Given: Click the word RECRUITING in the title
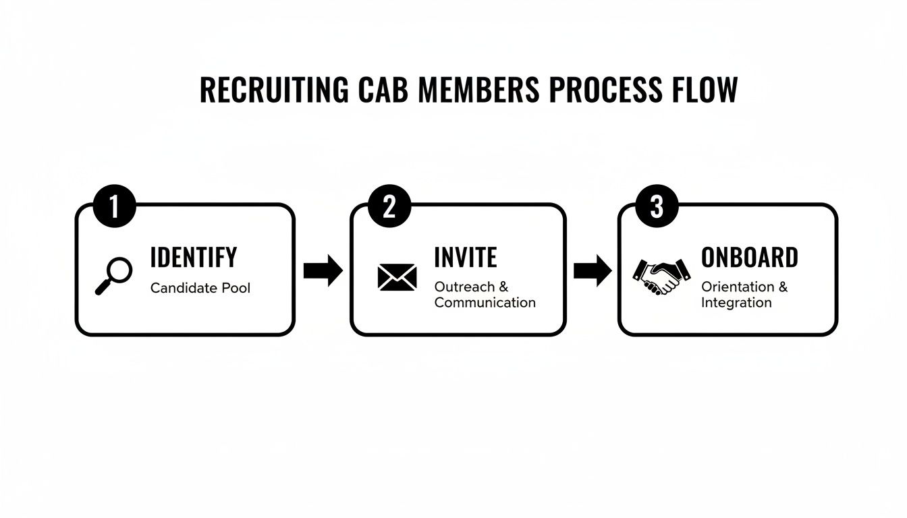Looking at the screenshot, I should click(x=274, y=90).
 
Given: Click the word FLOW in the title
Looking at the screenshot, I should click(x=704, y=90).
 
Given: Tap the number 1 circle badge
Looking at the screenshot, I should click(x=114, y=206).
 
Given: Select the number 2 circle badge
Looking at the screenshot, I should click(x=389, y=206).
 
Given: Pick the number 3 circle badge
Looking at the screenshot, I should click(x=657, y=206).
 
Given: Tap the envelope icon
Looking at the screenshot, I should click(x=397, y=277).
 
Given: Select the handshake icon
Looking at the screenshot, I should click(x=661, y=277).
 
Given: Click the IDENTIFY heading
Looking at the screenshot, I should click(x=194, y=258).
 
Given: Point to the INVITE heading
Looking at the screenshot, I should click(x=466, y=258).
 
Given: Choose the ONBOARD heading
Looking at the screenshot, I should click(x=750, y=258).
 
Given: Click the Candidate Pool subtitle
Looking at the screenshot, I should click(x=200, y=288).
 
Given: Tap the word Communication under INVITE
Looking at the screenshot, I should click(x=485, y=303).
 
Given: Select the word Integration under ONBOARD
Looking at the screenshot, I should click(x=736, y=303).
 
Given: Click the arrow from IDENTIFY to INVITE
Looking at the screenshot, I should click(x=323, y=270).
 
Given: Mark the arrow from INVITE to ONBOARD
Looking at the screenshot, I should click(x=592, y=270).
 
